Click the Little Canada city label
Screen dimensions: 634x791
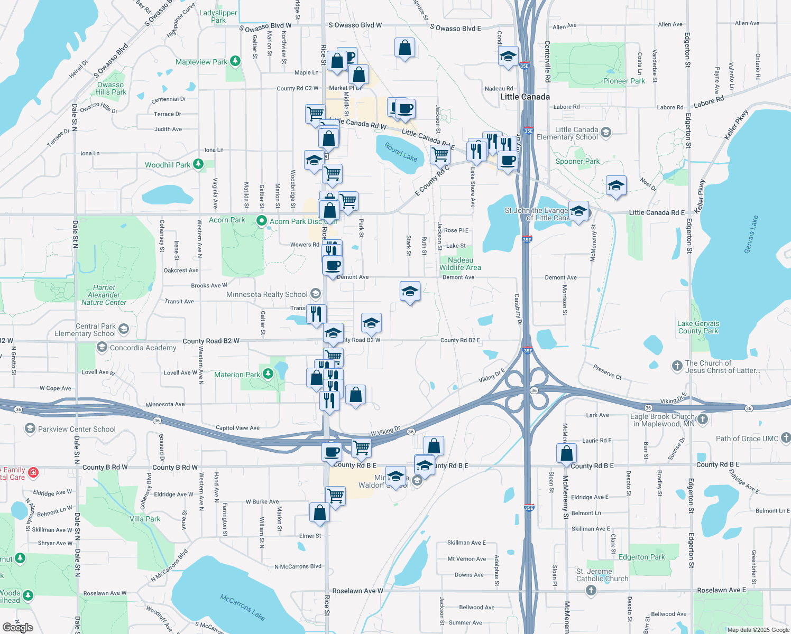525,97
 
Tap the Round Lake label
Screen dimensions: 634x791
401,152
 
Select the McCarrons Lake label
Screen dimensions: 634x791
243,607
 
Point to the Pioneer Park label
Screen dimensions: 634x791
624,81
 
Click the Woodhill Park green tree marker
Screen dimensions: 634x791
198,164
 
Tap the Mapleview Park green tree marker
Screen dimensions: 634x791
235,61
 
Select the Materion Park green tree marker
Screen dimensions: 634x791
268,374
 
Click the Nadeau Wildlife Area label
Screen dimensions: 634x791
460,264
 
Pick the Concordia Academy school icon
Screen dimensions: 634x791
102,347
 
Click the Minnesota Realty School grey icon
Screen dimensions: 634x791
316,294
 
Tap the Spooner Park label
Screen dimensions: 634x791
577,161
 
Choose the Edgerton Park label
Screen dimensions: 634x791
641,557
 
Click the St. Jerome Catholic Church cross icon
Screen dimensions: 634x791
591,590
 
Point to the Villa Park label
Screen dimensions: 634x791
145,519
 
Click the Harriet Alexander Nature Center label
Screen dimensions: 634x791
104,295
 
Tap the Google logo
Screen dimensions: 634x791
18,627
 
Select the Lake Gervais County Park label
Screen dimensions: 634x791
698,327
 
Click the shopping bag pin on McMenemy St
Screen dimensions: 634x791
566,453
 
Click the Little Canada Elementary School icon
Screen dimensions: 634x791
606,132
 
